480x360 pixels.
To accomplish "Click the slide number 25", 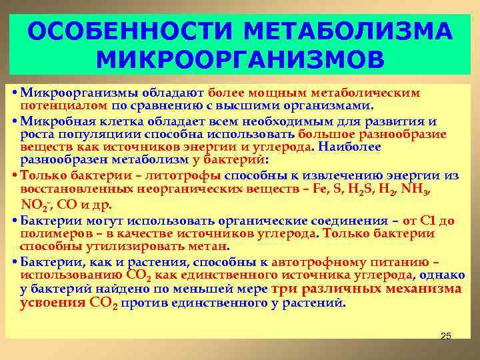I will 446,336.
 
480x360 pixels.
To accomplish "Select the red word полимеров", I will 51,233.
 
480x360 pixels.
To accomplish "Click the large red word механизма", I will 429,289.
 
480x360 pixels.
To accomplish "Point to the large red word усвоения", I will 52,302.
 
